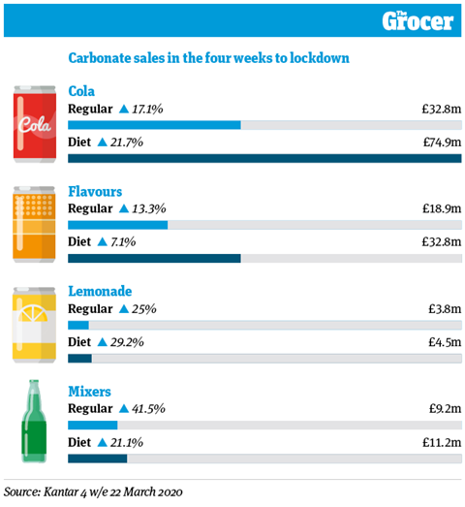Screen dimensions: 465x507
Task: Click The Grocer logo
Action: pos(418,21)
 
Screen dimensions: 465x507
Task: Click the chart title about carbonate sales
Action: pos(208,58)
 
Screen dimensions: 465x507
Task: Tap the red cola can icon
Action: pos(35,124)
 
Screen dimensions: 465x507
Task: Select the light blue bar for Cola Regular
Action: pos(154,125)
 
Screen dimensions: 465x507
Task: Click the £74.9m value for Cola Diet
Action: pos(442,142)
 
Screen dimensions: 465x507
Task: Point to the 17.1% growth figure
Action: pos(147,110)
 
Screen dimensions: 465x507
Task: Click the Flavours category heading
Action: pos(95,191)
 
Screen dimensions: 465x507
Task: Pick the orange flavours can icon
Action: pos(34,224)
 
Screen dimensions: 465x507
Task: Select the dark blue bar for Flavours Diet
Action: pos(154,259)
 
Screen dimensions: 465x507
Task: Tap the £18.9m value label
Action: pos(442,208)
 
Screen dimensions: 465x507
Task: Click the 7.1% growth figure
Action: pos(123,241)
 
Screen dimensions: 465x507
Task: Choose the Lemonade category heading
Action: pos(100,292)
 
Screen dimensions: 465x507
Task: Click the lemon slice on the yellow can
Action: pos(33,313)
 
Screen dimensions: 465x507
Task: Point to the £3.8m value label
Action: pos(445,309)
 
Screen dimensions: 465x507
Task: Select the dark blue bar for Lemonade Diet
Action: pos(79,359)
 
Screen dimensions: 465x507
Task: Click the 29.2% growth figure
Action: pos(127,342)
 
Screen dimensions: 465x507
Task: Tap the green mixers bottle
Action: pos(34,422)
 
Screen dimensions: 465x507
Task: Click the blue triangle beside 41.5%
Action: pos(124,409)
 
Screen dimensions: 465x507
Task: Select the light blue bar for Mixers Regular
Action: pos(92,426)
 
